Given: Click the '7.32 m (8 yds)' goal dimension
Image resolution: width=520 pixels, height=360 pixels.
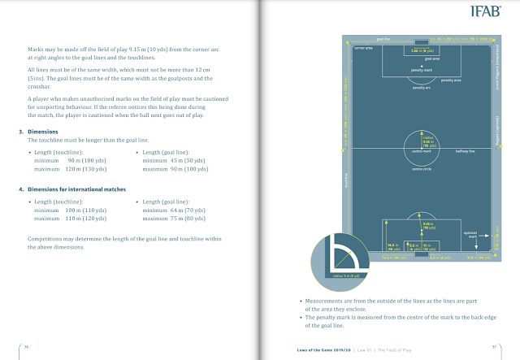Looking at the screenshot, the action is point(419,51).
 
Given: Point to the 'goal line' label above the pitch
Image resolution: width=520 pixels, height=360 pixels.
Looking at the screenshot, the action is point(384,38).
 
